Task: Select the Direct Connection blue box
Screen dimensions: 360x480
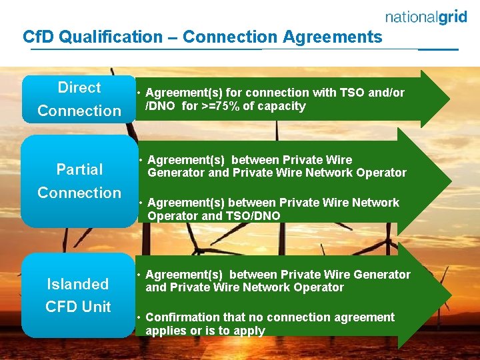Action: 79,99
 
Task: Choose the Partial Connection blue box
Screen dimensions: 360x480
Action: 79,181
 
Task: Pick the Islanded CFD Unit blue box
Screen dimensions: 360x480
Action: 78,295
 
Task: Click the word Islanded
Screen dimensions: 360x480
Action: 77,284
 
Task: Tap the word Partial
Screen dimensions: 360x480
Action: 79,169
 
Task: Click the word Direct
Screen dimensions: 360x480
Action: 79,87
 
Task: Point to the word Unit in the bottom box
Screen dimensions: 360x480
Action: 97,307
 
